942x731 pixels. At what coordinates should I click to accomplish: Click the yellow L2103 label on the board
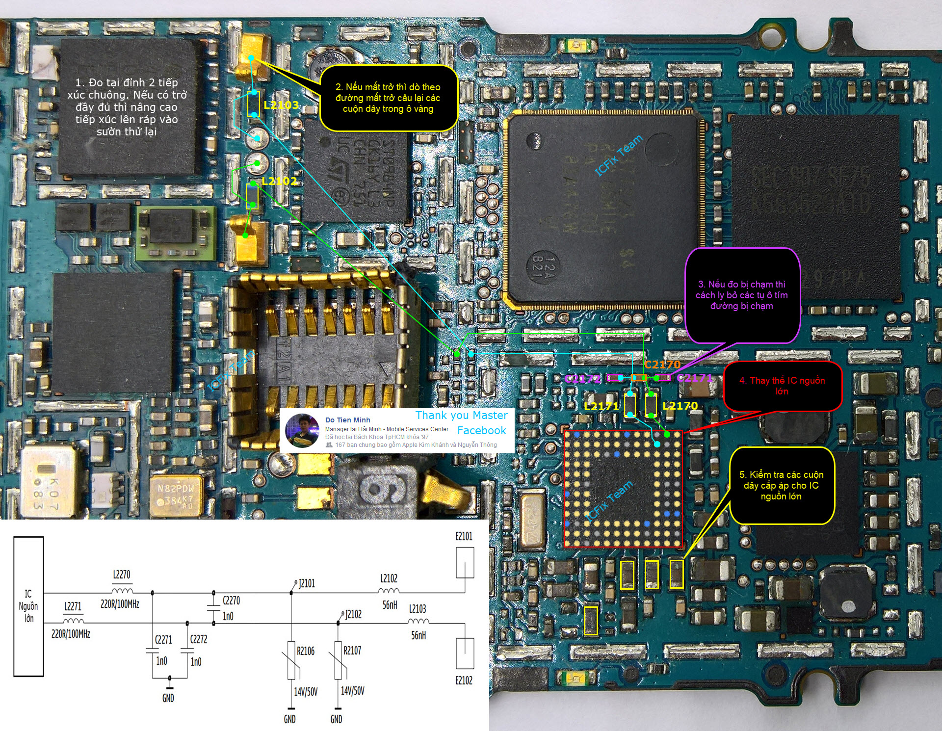281,105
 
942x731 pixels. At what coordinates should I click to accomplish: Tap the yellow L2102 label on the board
279,181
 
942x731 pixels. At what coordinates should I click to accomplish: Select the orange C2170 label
662,365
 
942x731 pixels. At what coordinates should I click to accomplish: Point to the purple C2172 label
582,379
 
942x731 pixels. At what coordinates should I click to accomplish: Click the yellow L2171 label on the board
601,406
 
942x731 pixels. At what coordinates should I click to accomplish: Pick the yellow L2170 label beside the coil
680,406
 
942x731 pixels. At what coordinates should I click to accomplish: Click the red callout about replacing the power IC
782,386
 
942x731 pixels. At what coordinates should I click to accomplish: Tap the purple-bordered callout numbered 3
741,295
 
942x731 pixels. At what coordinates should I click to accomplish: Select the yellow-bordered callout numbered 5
781,485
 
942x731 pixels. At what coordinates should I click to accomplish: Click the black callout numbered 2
388,98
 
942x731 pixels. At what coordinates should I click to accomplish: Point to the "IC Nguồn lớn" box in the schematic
28,606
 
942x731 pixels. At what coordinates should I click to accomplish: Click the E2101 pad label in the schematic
464,536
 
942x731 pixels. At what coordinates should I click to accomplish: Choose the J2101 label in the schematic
307,583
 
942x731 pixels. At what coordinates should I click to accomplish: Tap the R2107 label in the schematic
352,651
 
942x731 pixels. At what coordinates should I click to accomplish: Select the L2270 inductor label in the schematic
122,574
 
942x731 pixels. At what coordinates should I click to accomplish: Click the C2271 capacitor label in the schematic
163,639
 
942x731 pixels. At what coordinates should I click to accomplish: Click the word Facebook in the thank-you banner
481,430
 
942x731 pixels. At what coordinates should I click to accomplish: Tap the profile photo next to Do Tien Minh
302,430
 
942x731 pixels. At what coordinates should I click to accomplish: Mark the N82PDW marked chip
176,495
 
